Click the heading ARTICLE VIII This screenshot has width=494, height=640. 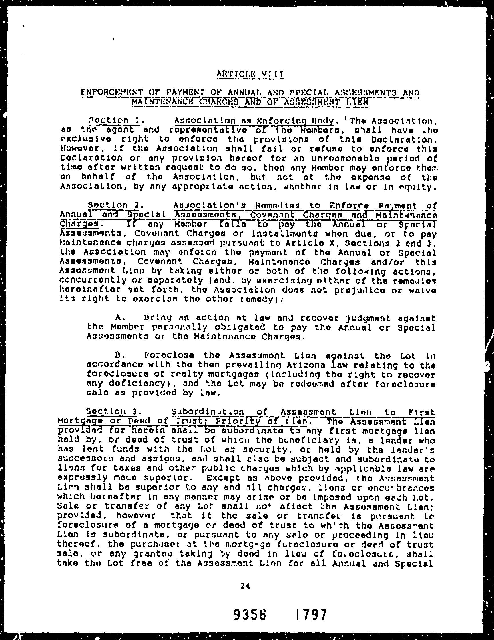(x=250, y=74)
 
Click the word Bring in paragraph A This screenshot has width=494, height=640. (x=158, y=318)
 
